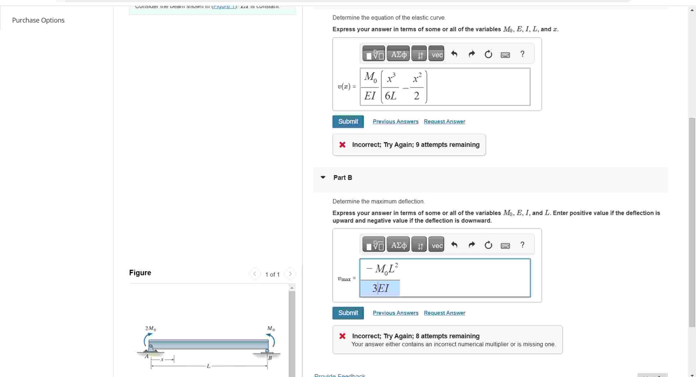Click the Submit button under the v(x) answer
348,122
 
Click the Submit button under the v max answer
348,313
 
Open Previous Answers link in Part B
395,313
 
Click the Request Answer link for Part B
444,313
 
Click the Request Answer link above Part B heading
444,122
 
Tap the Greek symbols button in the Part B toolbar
398,245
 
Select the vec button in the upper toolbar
436,55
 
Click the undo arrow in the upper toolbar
454,54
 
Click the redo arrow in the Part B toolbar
472,245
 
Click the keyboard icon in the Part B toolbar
505,246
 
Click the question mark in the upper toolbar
522,54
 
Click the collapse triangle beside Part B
323,177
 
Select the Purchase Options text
38,20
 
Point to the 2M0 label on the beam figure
151,329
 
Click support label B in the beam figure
270,358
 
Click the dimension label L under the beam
208,366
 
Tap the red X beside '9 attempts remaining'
342,145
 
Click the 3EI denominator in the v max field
380,288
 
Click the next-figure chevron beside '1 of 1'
290,274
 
